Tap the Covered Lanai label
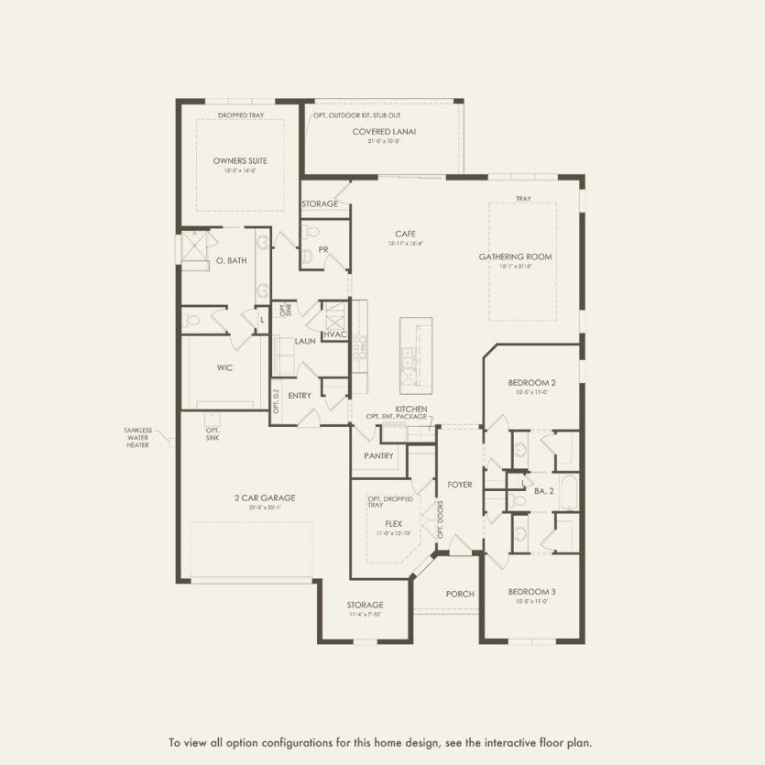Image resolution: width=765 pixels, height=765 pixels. click(x=384, y=132)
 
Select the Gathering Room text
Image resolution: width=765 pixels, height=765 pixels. click(x=515, y=257)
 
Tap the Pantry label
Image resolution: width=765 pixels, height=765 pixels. click(x=378, y=455)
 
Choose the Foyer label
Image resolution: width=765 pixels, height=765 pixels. click(x=459, y=484)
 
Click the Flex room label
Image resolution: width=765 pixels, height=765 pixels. click(x=393, y=524)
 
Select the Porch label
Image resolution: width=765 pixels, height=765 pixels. click(x=460, y=594)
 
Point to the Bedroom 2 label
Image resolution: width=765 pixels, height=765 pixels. click(x=532, y=382)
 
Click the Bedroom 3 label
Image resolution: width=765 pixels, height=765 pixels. click(x=531, y=592)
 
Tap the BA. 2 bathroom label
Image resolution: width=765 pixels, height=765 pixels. click(x=544, y=492)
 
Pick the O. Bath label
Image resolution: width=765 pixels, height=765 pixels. click(x=231, y=261)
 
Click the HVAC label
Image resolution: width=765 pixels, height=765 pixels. click(x=335, y=334)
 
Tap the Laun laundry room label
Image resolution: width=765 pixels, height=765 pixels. click(x=305, y=341)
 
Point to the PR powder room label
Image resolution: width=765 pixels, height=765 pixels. click(x=322, y=248)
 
